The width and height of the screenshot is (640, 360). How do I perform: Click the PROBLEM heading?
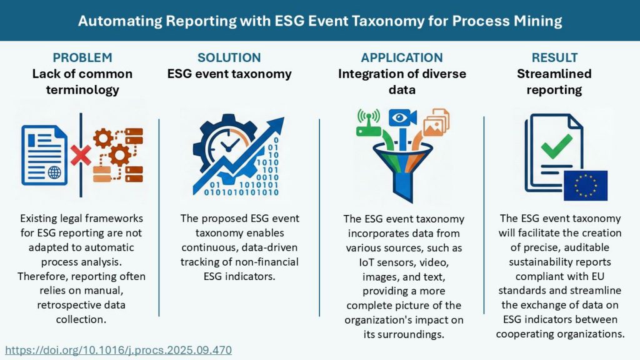click(82, 57)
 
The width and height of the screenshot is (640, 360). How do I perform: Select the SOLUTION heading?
click(229, 57)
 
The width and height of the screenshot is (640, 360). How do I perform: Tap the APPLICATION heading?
click(402, 57)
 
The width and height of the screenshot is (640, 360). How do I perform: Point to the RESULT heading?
click(554, 57)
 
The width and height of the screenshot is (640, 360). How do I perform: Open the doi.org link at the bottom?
click(118, 350)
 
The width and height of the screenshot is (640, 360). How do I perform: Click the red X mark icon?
click(81, 155)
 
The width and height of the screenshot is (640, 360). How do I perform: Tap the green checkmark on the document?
click(556, 146)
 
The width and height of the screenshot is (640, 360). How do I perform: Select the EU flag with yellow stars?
click(585, 186)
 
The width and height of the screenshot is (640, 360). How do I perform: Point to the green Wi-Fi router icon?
click(368, 122)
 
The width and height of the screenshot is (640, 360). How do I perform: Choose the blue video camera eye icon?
click(402, 118)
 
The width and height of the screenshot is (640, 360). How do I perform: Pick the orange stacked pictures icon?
click(436, 122)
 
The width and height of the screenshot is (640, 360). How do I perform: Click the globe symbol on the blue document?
click(54, 172)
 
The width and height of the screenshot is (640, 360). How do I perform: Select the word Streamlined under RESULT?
click(554, 74)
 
